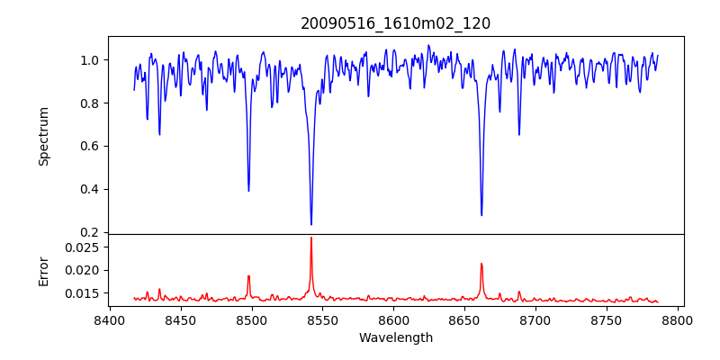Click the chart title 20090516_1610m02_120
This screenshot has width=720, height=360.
pos(395,23)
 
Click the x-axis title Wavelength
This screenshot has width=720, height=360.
pos(395,338)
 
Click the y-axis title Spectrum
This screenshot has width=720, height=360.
pos(43,136)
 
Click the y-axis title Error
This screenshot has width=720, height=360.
pos(43,270)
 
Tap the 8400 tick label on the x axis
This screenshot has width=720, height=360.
pos(109,319)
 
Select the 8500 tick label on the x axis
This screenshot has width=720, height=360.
pos(251,319)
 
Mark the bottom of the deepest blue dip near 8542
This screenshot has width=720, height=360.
pos(311,224)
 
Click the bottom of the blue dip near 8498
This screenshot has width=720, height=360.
pos(248,190)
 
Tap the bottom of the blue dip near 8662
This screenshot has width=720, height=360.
pos(481,214)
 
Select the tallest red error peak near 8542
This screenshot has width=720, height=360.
pos(311,238)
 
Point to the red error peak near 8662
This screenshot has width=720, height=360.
pos(481,264)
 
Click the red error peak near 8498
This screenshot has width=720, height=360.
pos(248,276)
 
